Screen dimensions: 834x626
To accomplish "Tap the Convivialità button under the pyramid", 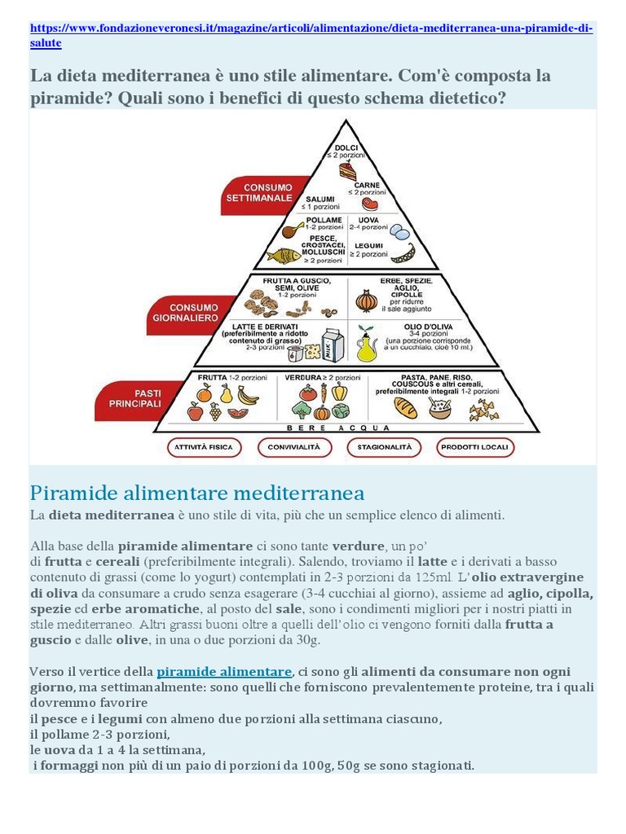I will (294, 447).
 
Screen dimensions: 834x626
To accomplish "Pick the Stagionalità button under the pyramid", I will (384, 447).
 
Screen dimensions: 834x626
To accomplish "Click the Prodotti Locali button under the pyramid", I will (474, 447).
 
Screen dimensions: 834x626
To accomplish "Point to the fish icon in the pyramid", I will (284, 255).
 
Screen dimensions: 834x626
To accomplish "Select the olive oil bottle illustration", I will (367, 345).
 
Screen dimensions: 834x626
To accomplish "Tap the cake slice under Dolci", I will (348, 171).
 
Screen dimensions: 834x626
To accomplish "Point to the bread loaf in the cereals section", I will (405, 407).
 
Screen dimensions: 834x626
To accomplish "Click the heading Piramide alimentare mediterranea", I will (196, 493).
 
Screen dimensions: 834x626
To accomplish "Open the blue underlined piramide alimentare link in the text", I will (224, 672).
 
